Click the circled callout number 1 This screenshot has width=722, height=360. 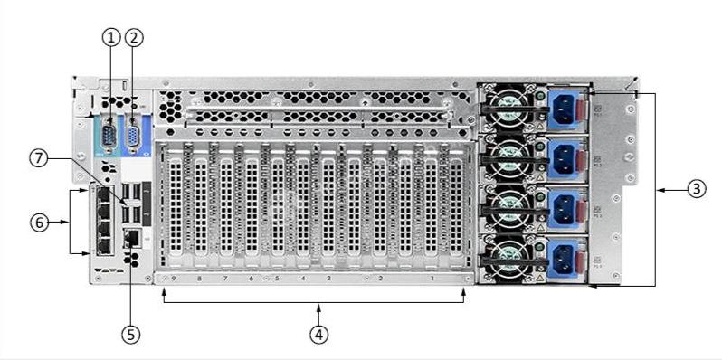point(110,37)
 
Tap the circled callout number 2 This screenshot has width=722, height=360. point(134,37)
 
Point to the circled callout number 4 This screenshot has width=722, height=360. point(318,334)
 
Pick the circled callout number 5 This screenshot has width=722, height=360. point(131,334)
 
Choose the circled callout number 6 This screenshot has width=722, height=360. point(38,221)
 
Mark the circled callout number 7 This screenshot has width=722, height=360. point(38,158)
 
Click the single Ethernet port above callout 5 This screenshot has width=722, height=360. point(131,237)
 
